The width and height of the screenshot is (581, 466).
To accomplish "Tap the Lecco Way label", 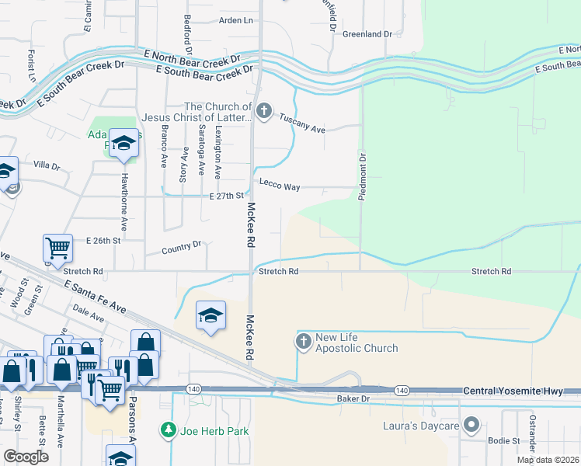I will click(x=280, y=187).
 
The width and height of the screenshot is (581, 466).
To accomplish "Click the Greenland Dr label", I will click(x=367, y=34).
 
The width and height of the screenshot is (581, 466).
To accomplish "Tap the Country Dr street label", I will click(x=182, y=248).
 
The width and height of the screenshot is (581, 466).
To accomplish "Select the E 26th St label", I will click(x=103, y=241).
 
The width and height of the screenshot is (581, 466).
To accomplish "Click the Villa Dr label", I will click(x=47, y=165).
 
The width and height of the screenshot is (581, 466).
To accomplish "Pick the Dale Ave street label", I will click(x=88, y=312).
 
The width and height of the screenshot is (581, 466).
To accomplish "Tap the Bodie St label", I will click(x=504, y=440).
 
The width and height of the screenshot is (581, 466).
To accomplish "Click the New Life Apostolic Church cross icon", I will click(x=304, y=340).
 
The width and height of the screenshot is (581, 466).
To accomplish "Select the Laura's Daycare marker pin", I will click(x=471, y=425).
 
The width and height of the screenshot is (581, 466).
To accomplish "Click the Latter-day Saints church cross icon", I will click(x=263, y=111).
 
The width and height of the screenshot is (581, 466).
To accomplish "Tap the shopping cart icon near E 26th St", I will click(x=58, y=249).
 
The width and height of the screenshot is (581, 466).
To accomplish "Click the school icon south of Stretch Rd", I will click(x=210, y=316).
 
